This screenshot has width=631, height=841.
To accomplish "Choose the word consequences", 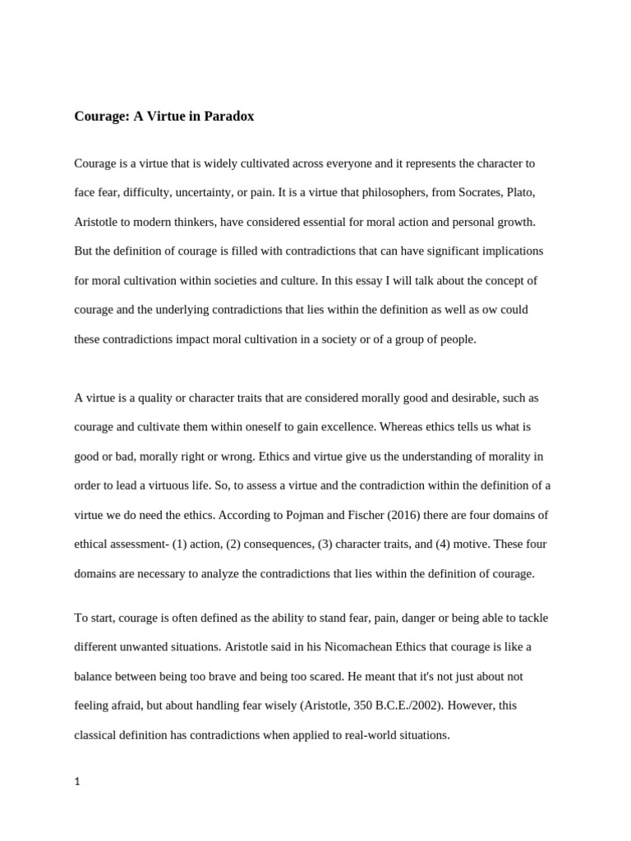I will click(x=278, y=544).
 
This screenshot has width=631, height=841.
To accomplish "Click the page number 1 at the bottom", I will click(x=77, y=782).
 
